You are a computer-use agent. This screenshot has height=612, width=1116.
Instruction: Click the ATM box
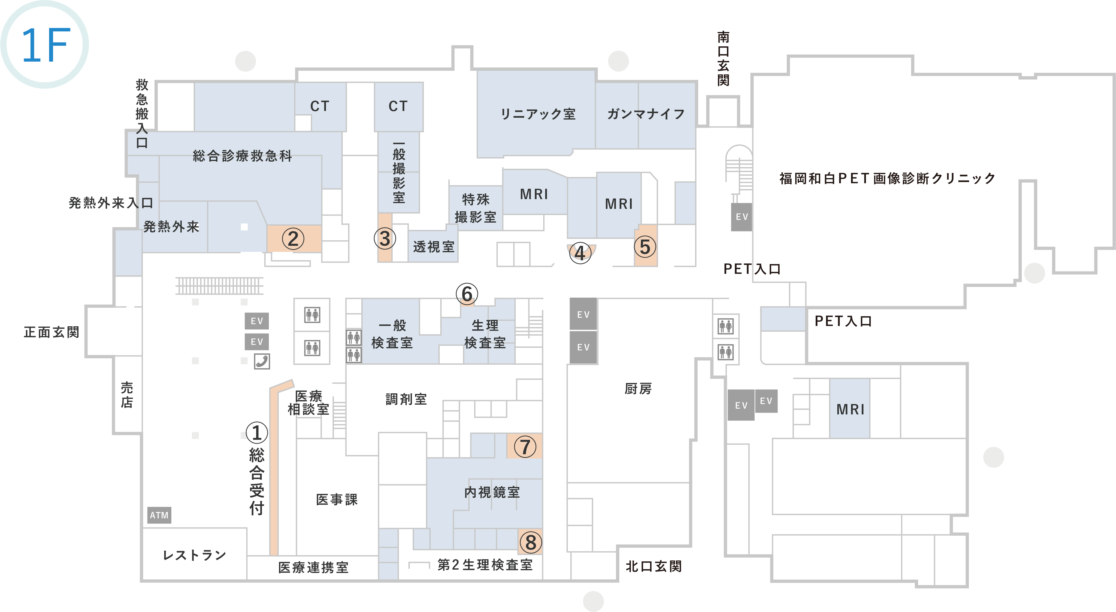(159, 515)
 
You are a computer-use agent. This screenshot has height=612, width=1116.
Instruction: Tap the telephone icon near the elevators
(262, 361)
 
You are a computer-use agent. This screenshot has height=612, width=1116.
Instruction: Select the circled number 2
(293, 239)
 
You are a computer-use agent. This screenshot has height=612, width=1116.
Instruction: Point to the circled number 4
(580, 253)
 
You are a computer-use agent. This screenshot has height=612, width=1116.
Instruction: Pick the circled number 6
(467, 294)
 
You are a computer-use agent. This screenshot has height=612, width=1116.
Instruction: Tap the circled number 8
(531, 542)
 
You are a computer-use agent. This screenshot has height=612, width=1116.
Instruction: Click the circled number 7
(525, 446)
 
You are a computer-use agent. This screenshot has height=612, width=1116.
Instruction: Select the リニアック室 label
(538, 114)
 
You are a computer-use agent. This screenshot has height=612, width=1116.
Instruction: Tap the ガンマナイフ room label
(646, 114)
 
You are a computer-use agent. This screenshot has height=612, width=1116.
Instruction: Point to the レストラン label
(195, 555)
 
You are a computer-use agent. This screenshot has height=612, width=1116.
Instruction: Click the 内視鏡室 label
(492, 492)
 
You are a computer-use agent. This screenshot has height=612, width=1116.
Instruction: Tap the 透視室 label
(434, 246)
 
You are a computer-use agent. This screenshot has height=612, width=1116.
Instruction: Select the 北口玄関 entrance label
(654, 566)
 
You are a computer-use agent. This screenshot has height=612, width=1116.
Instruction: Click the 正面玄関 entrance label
(52, 332)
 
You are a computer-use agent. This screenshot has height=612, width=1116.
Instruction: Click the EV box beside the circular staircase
(742, 217)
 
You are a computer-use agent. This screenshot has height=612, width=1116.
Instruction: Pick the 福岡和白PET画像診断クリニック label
(887, 178)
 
